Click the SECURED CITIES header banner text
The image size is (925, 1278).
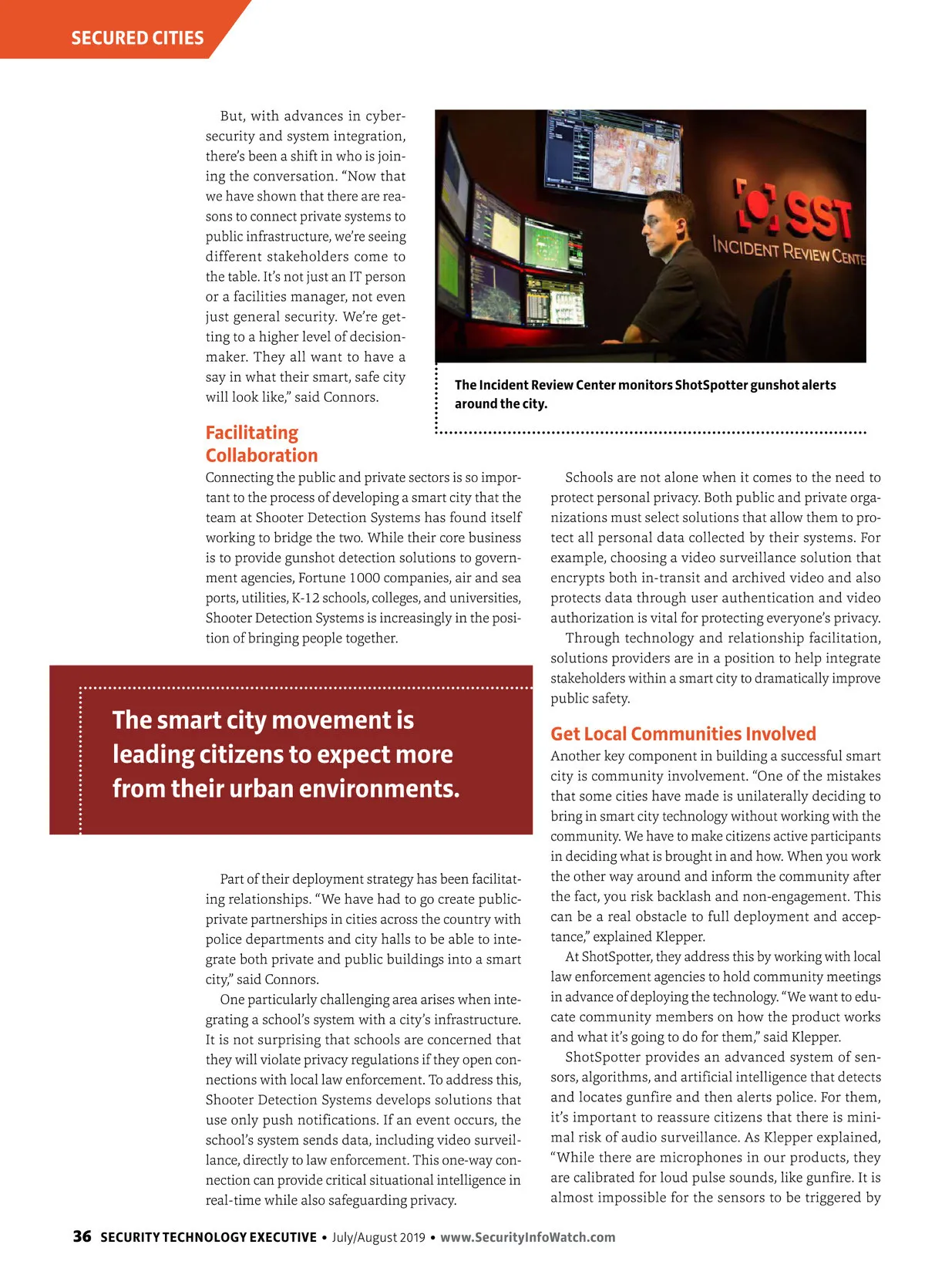coord(137,38)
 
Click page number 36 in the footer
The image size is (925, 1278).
coord(82,1236)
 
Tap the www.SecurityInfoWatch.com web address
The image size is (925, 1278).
coord(528,1237)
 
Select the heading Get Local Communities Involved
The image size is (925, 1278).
coord(683,733)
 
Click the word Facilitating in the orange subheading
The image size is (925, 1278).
coord(251,433)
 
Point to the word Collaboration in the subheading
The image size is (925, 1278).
coord(261,455)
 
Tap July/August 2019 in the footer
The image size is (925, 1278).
coord(378,1237)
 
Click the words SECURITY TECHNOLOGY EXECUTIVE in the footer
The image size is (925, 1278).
coord(208,1237)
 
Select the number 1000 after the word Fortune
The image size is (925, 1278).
coord(365,578)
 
